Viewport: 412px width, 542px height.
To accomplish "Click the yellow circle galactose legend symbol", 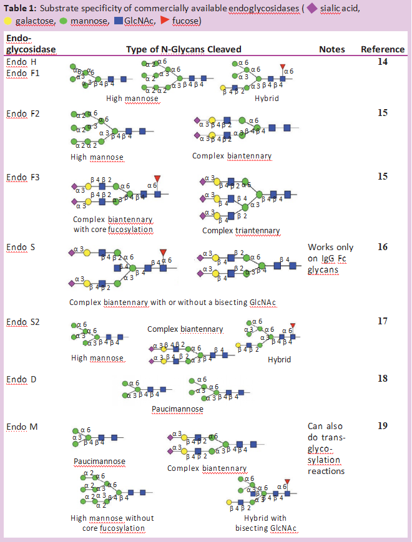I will (8, 21).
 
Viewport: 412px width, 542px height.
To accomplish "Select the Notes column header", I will (332, 49).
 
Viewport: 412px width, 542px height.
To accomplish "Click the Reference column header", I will (382, 49).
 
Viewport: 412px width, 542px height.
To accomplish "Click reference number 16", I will (382, 247).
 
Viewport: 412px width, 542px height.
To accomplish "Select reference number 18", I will (382, 379).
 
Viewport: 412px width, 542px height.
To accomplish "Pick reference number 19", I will (382, 426).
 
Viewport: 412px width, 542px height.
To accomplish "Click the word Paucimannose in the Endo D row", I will (177, 409).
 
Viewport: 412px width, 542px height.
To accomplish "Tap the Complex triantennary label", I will (241, 231).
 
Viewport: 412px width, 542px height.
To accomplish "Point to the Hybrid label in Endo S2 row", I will (279, 359).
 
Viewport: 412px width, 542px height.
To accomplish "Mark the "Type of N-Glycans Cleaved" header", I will (184, 49).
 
